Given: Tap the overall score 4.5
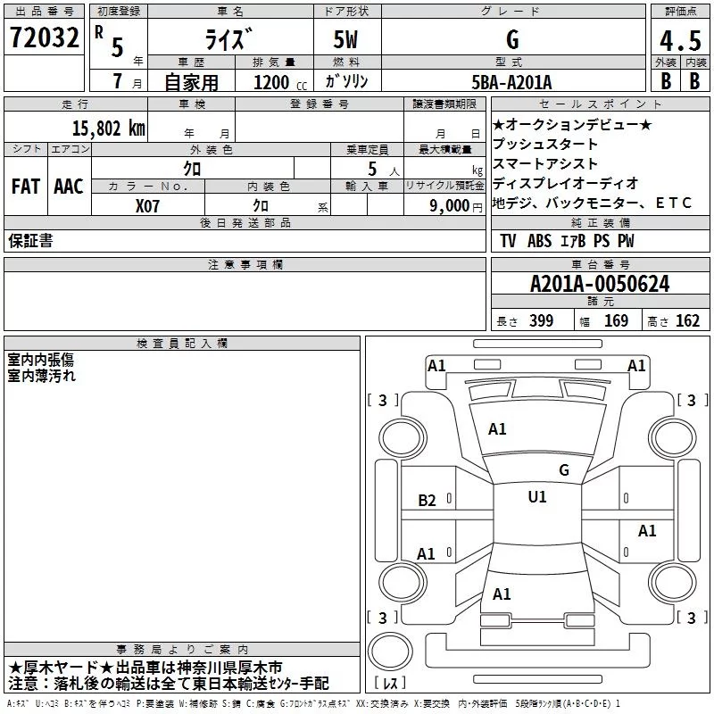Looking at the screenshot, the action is [677, 41].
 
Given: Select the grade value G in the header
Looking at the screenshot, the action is [511, 39].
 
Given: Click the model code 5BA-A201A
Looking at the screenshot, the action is [511, 82].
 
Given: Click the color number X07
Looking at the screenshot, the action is [147, 204].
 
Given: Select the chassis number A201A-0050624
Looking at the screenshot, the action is [600, 285].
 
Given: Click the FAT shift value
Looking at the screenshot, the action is [26, 187].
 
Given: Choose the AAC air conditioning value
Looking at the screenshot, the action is [69, 187].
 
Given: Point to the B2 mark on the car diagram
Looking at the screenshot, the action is [428, 501].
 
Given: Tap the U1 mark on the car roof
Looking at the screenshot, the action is [537, 497].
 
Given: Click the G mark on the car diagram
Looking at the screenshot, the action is [563, 470].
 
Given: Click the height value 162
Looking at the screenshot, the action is [687, 321].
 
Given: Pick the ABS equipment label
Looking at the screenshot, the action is [539, 241].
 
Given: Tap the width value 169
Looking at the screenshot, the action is [616, 321].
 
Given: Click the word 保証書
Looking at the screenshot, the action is [30, 241].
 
